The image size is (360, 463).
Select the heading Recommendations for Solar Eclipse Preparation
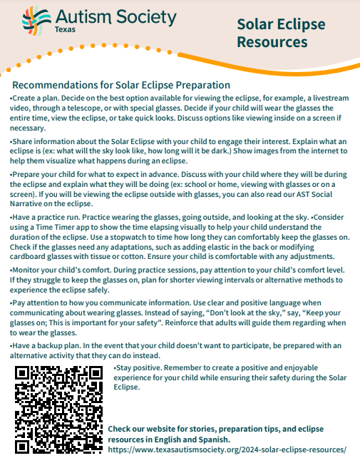click(121, 85)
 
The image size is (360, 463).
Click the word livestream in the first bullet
click(302, 98)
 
